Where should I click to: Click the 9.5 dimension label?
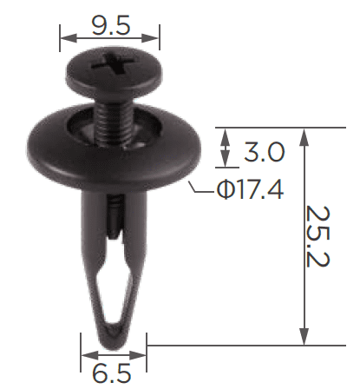pos(111,25)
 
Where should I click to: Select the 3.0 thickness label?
pos(265,151)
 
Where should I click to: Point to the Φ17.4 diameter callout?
pos(251,189)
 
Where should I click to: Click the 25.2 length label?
pos(317,236)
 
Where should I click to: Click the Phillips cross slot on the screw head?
pos(113,63)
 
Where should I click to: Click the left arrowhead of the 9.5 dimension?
pos(69,37)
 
